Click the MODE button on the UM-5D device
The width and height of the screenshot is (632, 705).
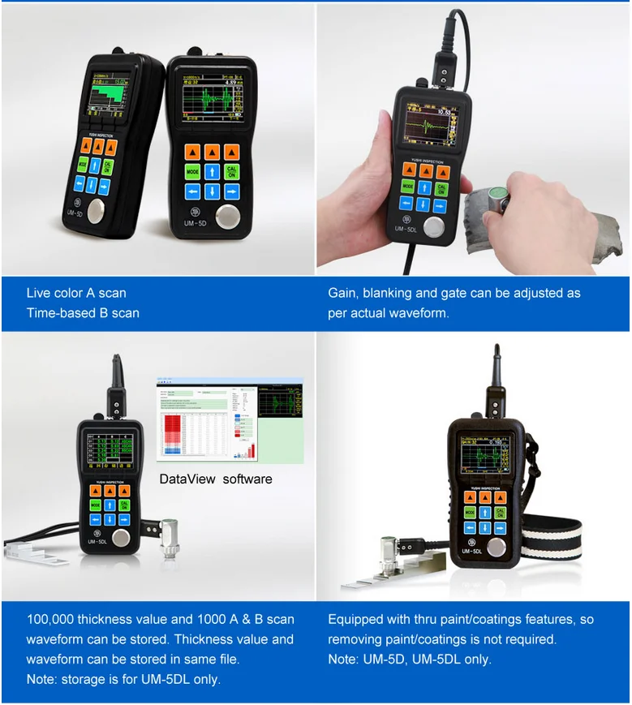pos(192,172)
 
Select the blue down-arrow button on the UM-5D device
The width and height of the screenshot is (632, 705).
pos(212,192)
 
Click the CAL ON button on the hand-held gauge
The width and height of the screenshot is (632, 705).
pos(442,188)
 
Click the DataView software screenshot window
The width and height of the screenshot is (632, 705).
pos(230,420)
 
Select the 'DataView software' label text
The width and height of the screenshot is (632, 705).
pos(216,479)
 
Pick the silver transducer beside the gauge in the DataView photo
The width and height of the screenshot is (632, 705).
pos(169,537)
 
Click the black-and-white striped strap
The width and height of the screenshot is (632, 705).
pos(551,542)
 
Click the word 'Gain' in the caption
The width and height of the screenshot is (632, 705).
pos(342,293)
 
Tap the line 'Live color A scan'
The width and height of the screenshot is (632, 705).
pos(76,293)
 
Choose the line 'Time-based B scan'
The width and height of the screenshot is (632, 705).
pos(83,313)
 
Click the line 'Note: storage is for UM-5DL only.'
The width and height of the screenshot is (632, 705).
pos(123,679)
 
